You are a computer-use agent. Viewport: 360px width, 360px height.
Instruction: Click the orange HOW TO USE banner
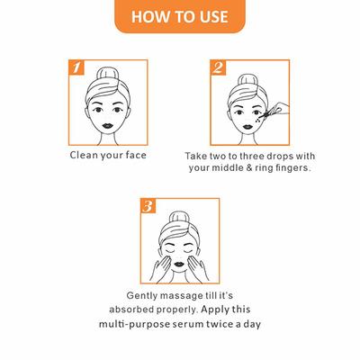tap(180, 16)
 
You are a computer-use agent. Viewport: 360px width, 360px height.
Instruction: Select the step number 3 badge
tap(148, 206)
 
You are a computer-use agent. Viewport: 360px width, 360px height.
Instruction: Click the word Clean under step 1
tap(85, 154)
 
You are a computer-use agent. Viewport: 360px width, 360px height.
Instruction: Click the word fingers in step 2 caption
tap(291, 167)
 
